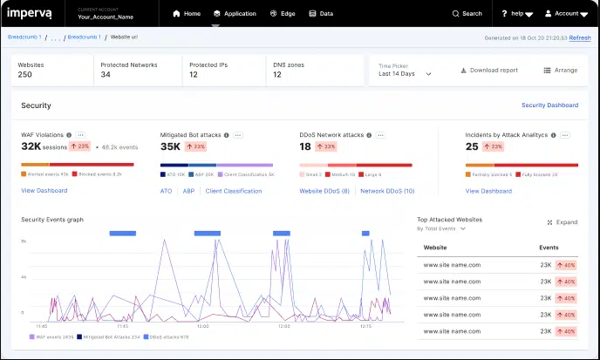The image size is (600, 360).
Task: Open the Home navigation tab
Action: point(187,14)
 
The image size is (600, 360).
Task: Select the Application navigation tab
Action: point(235,14)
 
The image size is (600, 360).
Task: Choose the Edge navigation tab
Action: point(282,14)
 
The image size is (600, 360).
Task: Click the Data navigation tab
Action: point(321,14)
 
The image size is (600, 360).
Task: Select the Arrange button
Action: point(560,70)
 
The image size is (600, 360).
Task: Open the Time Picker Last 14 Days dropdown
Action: point(406,74)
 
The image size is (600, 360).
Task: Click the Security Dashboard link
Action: point(549,105)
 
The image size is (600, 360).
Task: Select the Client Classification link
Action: point(233,190)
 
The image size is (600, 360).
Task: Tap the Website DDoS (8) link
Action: point(324,190)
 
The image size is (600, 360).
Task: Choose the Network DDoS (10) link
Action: point(387,190)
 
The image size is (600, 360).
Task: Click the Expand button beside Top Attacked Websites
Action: point(562,222)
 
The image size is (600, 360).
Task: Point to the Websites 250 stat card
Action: point(51,70)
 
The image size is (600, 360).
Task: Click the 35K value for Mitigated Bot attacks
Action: point(170,146)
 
